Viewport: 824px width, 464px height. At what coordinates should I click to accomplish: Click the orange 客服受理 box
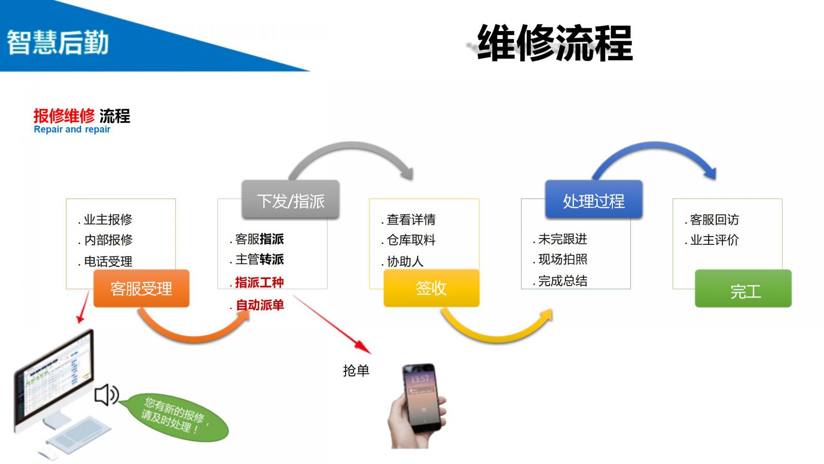pyautogui.click(x=141, y=289)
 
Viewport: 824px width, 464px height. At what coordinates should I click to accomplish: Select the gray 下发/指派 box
pyautogui.click(x=290, y=200)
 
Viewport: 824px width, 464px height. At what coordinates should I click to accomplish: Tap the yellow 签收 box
pyautogui.click(x=431, y=288)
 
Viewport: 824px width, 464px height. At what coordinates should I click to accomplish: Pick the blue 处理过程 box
pyautogui.click(x=593, y=200)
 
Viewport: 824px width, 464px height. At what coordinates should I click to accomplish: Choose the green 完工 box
pyautogui.click(x=743, y=290)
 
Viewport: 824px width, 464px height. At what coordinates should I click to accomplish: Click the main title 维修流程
pyautogui.click(x=555, y=43)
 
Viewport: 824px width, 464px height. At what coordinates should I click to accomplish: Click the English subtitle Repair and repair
pyautogui.click(x=72, y=129)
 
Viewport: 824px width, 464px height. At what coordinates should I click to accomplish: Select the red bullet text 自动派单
pyautogui.click(x=260, y=305)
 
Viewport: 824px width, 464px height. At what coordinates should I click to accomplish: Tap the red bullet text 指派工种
pyautogui.click(x=259, y=283)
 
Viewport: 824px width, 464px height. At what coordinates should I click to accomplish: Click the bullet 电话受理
pyautogui.click(x=108, y=261)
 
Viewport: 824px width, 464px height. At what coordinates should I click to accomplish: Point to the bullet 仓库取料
pyautogui.click(x=411, y=240)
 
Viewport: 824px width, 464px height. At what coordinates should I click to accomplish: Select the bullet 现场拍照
pyautogui.click(x=562, y=259)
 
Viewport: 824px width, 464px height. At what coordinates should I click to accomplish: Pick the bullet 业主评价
pyautogui.click(x=714, y=240)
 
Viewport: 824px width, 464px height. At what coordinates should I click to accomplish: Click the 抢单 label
pyautogui.click(x=356, y=370)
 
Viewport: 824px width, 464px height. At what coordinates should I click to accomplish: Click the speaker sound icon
pyautogui.click(x=107, y=395)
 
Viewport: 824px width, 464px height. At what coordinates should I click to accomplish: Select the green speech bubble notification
pyautogui.click(x=175, y=417)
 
